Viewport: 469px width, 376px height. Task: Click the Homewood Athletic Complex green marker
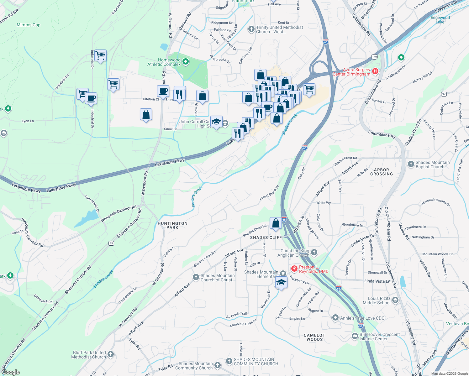(185, 62)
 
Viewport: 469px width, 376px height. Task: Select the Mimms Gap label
(29, 25)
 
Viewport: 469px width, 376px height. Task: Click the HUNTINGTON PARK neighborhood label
(172, 225)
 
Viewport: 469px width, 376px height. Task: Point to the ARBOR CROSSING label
(381, 172)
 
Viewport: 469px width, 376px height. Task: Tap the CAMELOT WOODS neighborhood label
(314, 337)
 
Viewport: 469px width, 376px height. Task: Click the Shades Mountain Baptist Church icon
(411, 164)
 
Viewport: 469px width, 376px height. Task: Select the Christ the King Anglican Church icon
(314, 253)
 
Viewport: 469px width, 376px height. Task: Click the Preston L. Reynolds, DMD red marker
(294, 269)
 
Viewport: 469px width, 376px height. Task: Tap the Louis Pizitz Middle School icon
(395, 300)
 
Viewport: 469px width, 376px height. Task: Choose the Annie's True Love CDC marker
(335, 318)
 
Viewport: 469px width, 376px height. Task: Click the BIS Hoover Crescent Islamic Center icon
(355, 336)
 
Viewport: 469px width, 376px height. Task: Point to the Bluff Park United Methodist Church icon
(111, 354)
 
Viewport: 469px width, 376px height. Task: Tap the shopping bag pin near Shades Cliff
(276, 224)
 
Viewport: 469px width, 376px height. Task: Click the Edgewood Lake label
(440, 20)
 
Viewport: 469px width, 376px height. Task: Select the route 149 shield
(374, 57)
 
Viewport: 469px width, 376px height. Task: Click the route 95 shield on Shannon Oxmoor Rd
(111, 243)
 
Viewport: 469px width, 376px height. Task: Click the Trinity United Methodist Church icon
(251, 29)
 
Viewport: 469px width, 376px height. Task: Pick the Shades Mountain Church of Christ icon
(196, 277)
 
